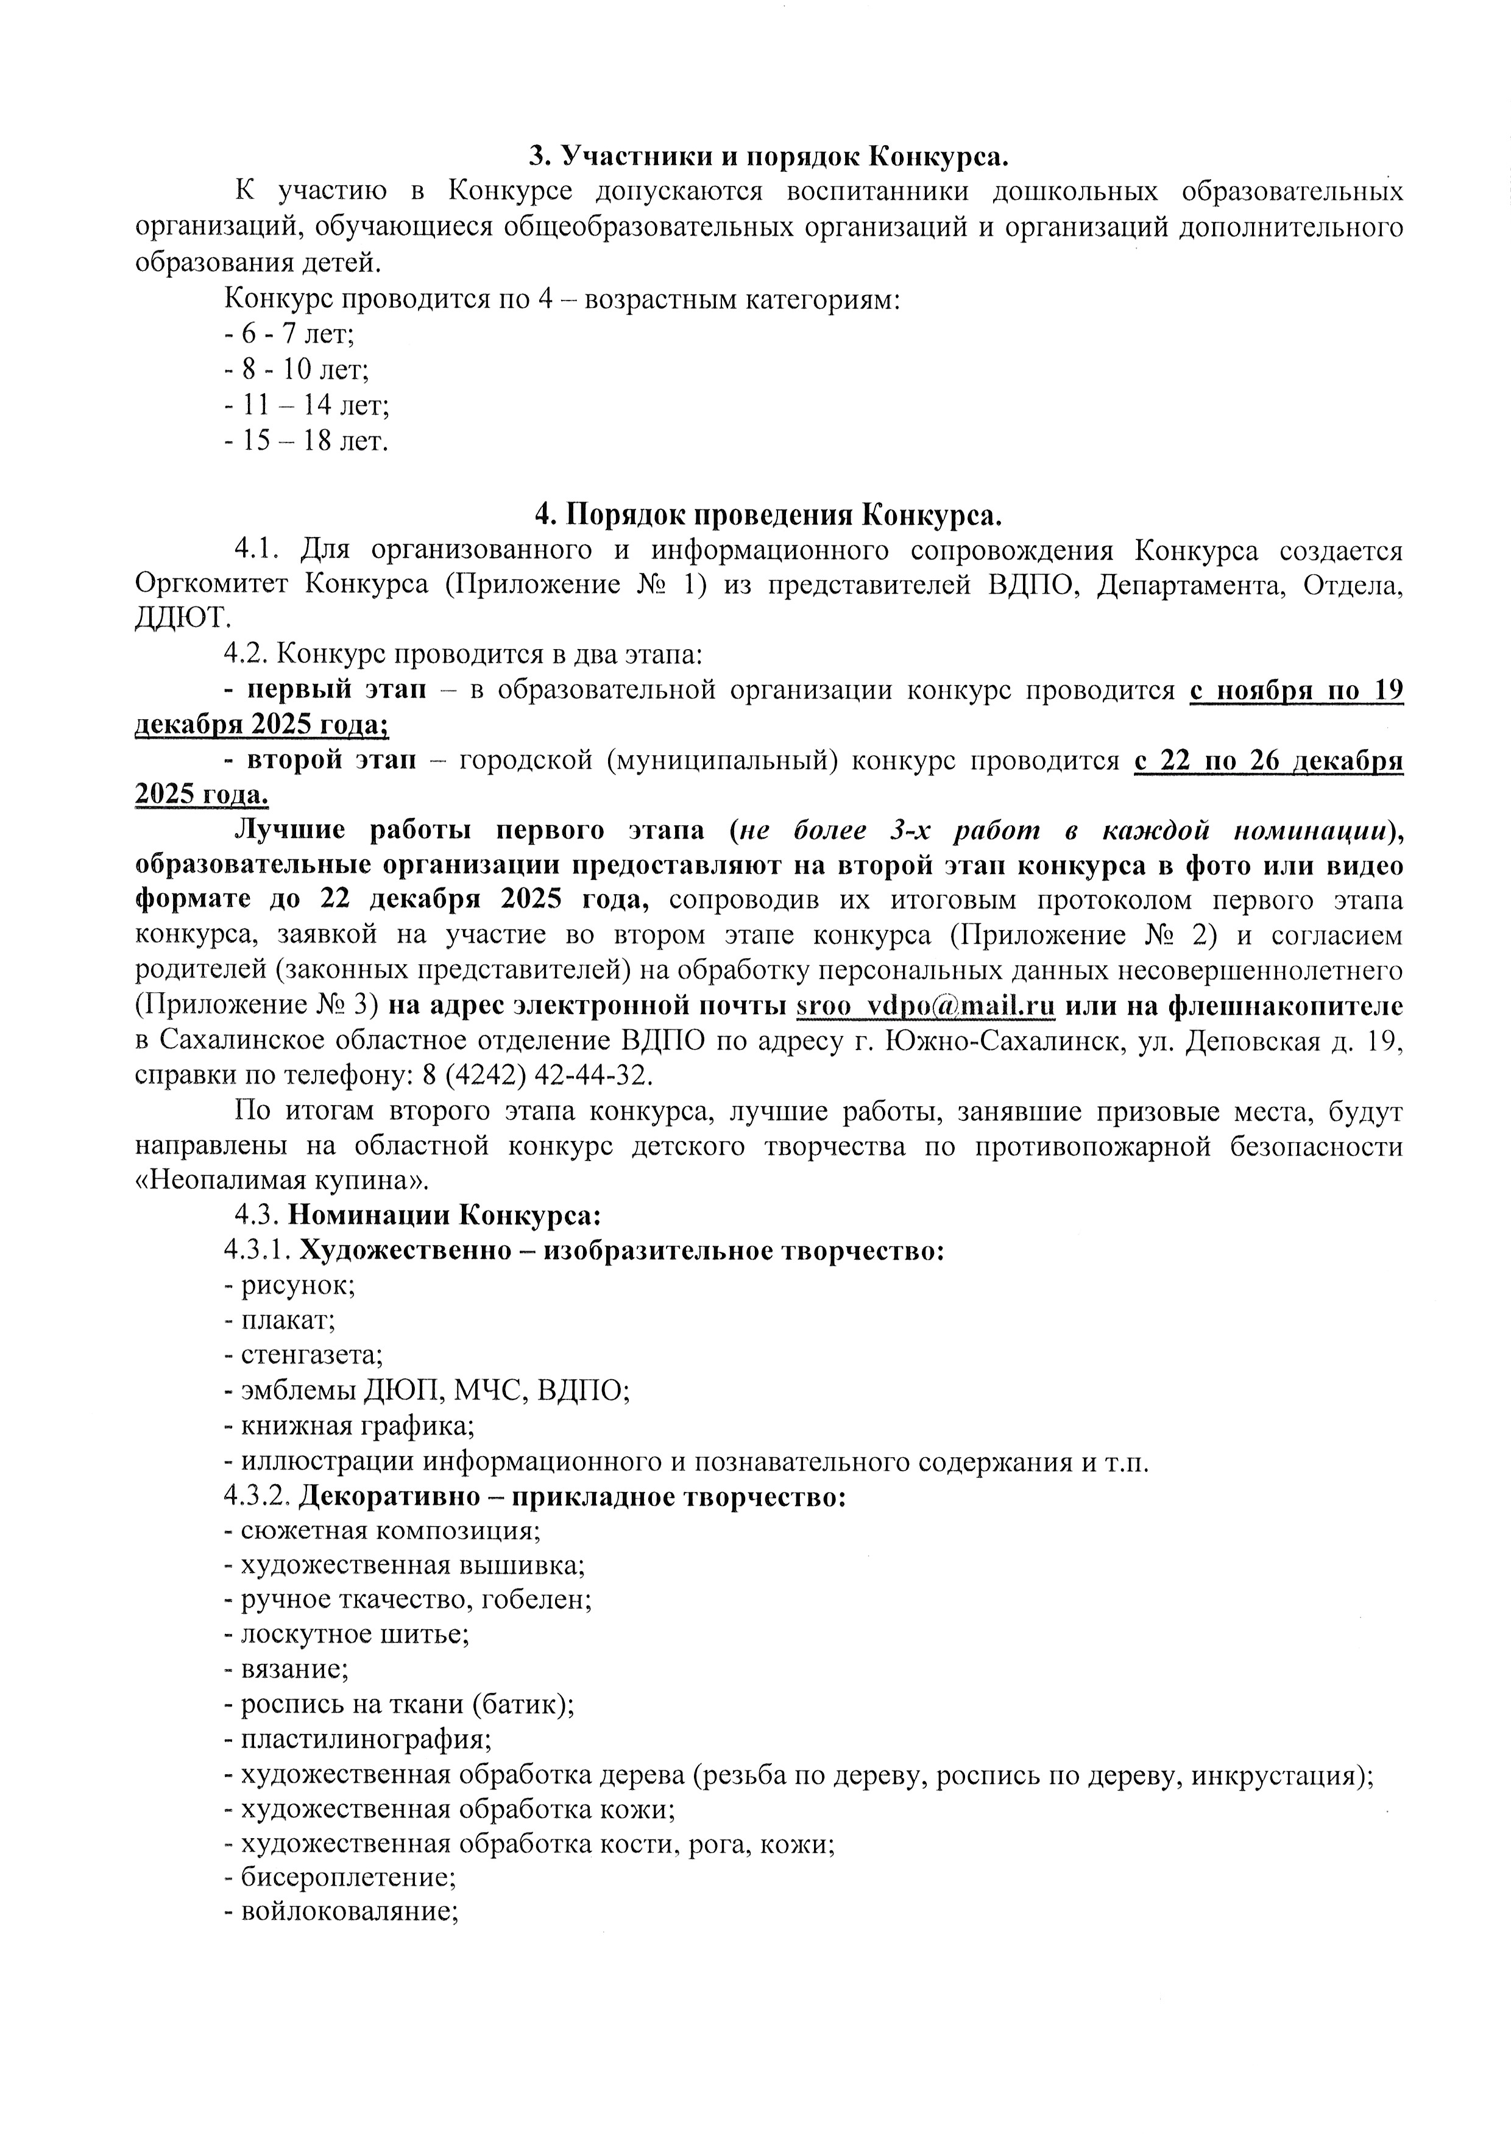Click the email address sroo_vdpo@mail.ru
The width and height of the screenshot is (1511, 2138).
925,1007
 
